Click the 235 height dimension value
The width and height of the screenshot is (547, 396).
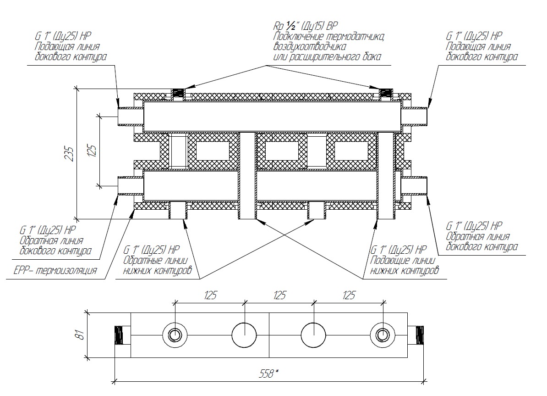(70, 153)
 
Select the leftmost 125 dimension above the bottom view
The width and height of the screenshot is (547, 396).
(210, 296)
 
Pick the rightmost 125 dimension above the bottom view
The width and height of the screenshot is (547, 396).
(349, 296)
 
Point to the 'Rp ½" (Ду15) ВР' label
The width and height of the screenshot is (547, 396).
(306, 26)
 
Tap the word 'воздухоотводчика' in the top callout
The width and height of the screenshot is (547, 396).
(309, 46)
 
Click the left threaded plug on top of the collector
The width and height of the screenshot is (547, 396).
(178, 93)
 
